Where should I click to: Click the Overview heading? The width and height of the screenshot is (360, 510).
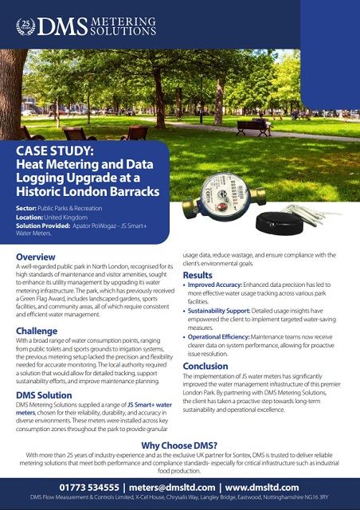point(36,257)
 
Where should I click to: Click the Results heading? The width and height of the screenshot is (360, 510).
point(198,276)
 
